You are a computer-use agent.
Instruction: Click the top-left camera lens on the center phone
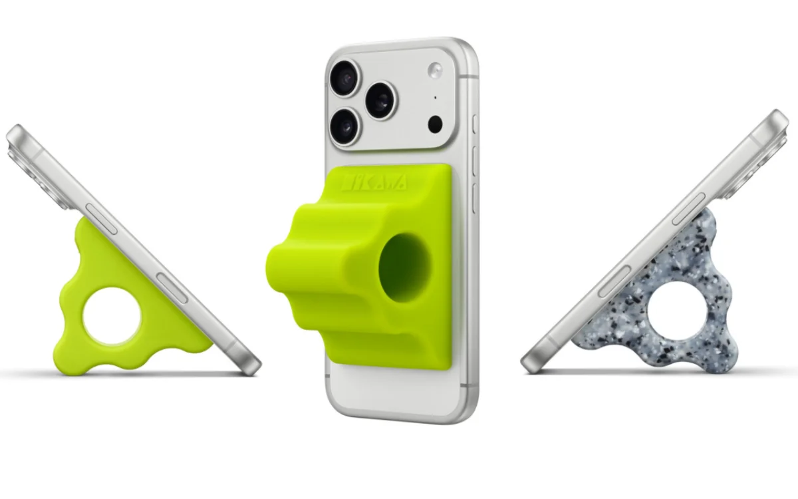coord(345,77)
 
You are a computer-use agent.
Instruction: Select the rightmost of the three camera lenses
coord(380,100)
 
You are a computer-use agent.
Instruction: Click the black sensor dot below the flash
coord(436,124)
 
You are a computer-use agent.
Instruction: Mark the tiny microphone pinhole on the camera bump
coord(435,98)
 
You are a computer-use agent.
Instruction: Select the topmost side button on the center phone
coord(474,125)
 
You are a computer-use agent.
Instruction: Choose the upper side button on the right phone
coord(688,210)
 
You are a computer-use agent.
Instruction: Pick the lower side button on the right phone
coord(614,280)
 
